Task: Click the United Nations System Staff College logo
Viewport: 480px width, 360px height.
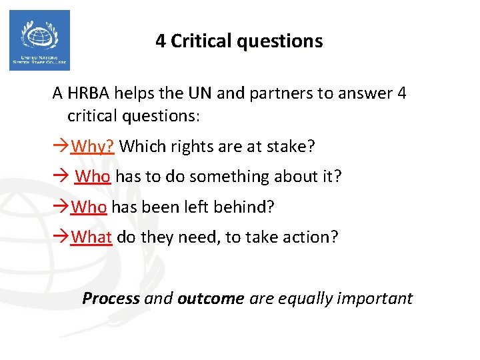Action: coord(39,40)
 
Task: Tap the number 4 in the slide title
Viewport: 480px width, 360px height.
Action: coord(161,41)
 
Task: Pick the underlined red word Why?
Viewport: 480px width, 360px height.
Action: coord(93,145)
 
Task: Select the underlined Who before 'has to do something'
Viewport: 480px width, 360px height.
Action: coord(94,176)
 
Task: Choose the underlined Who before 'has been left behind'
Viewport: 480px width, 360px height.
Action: coord(89,207)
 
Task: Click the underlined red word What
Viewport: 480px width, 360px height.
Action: coord(91,237)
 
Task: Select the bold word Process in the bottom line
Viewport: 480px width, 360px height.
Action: coord(111,298)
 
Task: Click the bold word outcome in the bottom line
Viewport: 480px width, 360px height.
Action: coord(211,298)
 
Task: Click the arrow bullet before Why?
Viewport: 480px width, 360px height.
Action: coord(61,145)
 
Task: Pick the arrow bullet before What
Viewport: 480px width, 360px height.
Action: coord(61,237)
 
